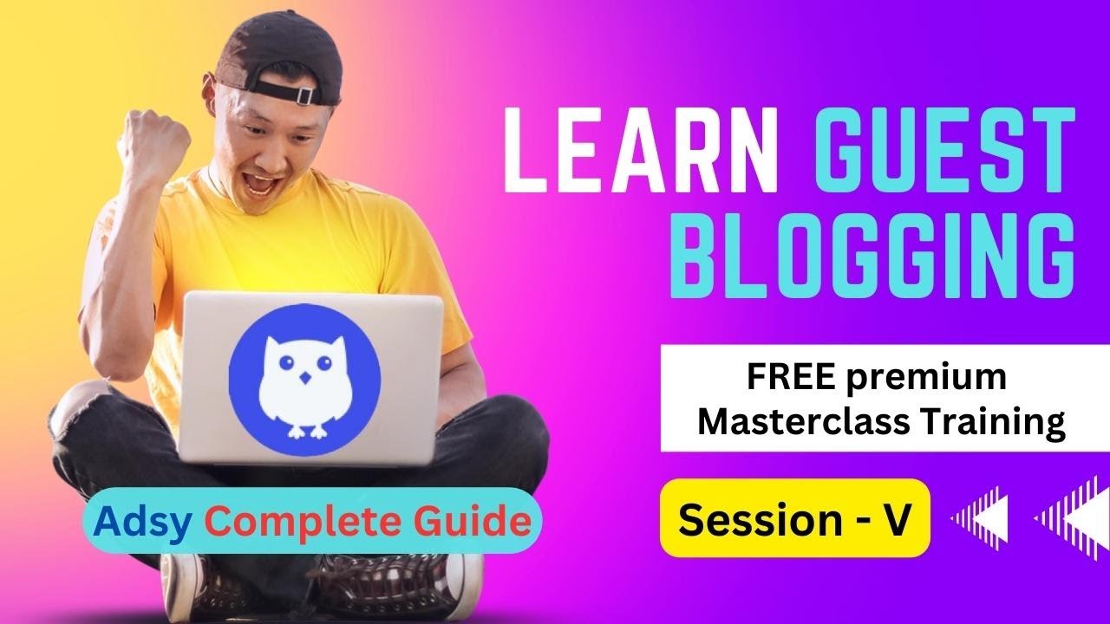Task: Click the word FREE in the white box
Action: click(x=790, y=380)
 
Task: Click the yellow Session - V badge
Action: click(x=794, y=518)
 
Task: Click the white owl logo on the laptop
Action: click(x=304, y=377)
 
